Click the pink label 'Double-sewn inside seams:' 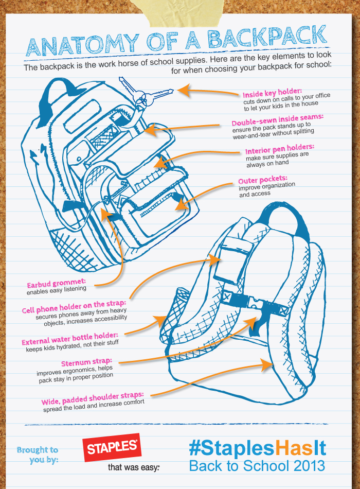pyautogui.click(x=277, y=120)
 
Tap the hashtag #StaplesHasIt pyautogui.click(x=257, y=447)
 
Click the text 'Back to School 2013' pyautogui.click(x=257, y=466)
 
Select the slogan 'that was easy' pyautogui.click(x=134, y=468)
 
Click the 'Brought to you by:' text pyautogui.click(x=38, y=455)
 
